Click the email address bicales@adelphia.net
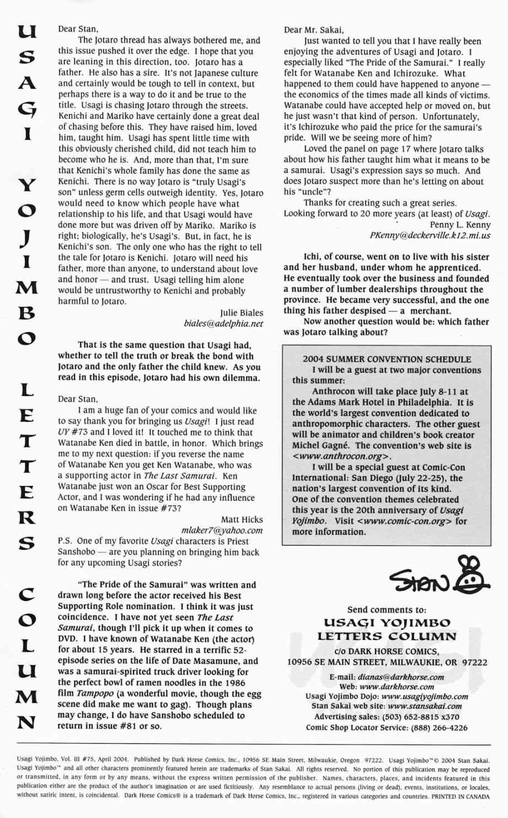pyautogui.click(x=223, y=324)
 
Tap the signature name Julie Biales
pyautogui.click(x=242, y=313)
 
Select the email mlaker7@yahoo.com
pyautogui.click(x=222, y=530)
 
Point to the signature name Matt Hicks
pyautogui.click(x=242, y=519)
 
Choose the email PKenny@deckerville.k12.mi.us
pyautogui.click(x=430, y=236)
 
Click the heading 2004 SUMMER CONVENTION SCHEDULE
pyautogui.click(x=387, y=359)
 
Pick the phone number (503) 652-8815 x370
pyautogui.click(x=419, y=717)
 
